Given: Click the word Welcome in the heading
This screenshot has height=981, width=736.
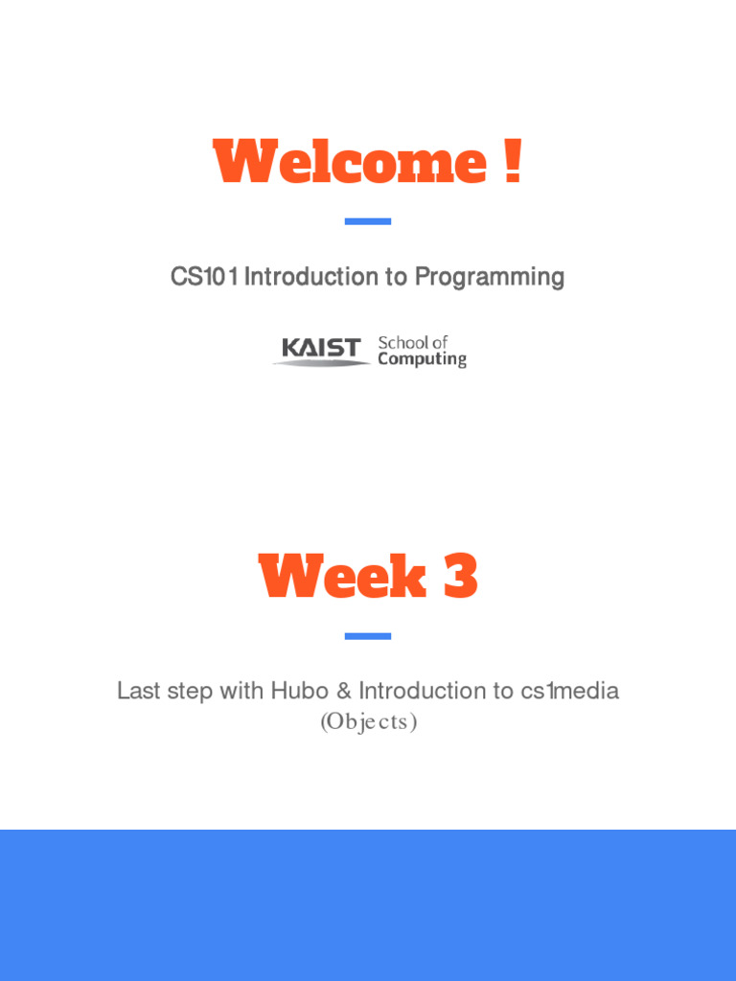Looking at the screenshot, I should point(350,163).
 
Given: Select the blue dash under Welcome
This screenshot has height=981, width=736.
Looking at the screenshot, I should point(368,221).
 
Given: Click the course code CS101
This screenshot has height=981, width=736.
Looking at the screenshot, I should point(205,278).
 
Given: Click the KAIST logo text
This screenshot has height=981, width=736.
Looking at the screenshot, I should point(321,348).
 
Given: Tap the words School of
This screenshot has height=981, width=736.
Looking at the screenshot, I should point(413,342).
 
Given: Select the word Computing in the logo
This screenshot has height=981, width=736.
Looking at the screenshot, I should point(422,359).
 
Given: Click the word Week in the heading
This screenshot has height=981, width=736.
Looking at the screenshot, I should point(342,578).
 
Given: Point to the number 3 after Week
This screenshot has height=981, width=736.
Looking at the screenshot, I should point(460,578).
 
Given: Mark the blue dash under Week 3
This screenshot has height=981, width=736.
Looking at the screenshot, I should point(368,636).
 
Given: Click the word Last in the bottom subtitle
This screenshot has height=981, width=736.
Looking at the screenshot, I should point(137,691).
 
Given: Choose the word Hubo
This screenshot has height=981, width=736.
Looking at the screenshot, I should point(299,691).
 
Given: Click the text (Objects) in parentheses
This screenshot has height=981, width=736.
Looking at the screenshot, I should point(368,722).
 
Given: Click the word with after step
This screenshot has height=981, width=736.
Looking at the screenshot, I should point(241,691).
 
